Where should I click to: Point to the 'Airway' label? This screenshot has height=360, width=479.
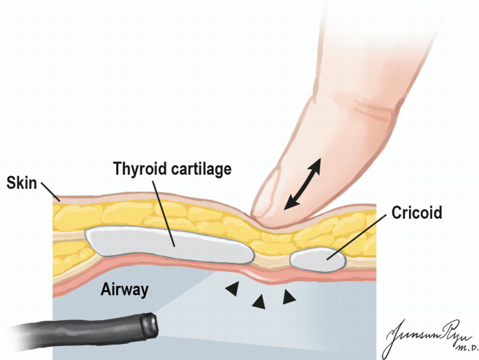124,289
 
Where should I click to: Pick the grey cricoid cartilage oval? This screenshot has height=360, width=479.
317,261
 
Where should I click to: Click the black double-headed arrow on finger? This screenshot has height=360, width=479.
302,183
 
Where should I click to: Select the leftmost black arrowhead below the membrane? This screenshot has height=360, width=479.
230,287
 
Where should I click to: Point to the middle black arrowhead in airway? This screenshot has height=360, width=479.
259,302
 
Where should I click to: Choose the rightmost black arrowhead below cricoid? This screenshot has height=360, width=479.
288,298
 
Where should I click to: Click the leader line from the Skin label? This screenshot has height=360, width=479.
51,192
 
